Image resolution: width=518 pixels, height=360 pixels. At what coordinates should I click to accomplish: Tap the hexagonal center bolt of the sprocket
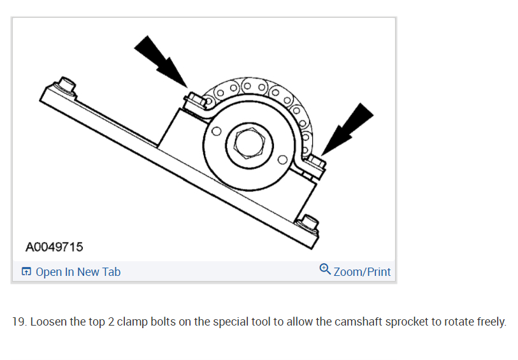[x=245, y=145]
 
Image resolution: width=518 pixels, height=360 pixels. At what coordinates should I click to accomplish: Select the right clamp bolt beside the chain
[x=315, y=161]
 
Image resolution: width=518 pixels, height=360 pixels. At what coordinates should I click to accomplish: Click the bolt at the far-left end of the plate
[x=66, y=83]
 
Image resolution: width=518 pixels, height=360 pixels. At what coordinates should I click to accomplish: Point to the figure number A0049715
[x=54, y=247]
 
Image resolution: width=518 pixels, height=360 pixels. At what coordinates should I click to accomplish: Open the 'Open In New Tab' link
[x=78, y=272]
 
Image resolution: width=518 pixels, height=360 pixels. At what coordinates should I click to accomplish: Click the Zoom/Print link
[x=362, y=272]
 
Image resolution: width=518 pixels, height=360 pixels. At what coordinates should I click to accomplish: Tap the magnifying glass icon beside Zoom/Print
[x=325, y=270]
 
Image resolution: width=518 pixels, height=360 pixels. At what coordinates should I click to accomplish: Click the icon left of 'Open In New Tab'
[x=26, y=272]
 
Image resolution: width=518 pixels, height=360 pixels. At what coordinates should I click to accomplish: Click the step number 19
[x=19, y=322]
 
